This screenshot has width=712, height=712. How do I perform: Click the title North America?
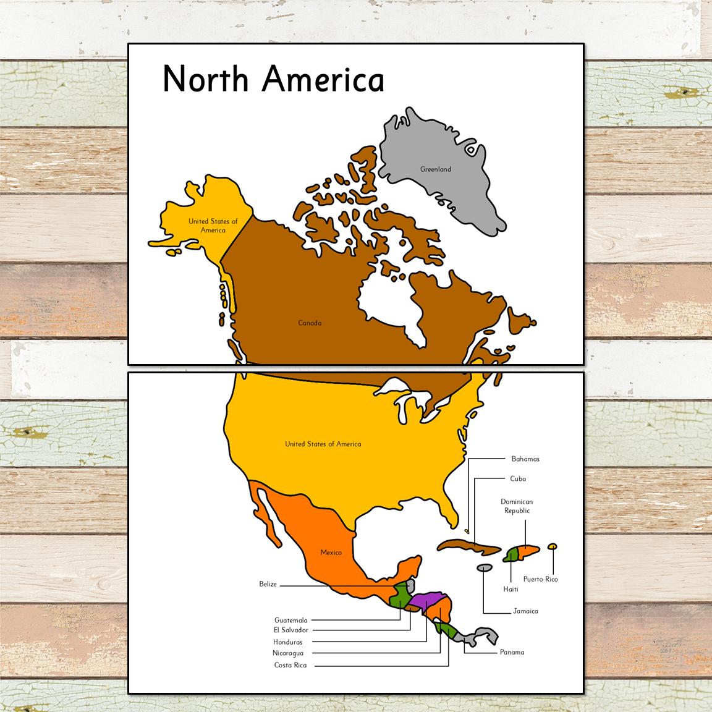tap(273, 79)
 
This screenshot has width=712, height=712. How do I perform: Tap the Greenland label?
tap(436, 169)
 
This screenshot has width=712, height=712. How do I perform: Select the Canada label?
tap(310, 323)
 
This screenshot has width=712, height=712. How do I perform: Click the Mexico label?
tap(331, 552)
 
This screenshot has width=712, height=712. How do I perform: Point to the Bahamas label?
tap(525, 459)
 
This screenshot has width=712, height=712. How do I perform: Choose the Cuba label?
tap(518, 478)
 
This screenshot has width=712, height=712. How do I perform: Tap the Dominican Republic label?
tap(517, 506)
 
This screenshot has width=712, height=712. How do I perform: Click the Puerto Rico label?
tap(540, 579)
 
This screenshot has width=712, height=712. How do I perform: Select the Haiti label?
tap(511, 589)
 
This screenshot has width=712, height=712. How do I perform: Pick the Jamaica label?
tap(525, 611)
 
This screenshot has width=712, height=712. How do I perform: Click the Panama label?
tap(512, 652)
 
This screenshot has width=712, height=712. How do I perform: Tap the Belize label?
tap(268, 584)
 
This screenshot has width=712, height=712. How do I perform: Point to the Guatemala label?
tap(290, 620)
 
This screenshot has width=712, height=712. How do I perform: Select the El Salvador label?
tap(290, 630)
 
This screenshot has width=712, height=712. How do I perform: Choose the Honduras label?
tap(288, 642)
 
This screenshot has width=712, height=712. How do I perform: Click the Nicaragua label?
tap(288, 653)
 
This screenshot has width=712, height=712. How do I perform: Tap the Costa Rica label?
tap(290, 666)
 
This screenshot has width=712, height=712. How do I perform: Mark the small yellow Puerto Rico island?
tap(553, 546)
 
